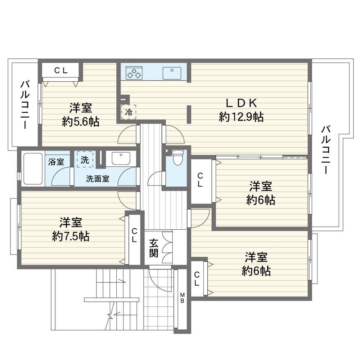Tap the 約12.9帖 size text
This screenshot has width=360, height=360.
point(241,117)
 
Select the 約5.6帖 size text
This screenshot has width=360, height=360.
point(81,122)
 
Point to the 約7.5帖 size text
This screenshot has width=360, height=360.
point(71,236)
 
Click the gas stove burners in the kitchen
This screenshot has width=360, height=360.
point(134,73)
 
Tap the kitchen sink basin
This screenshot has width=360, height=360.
point(172,73)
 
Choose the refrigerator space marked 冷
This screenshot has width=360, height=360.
point(129,112)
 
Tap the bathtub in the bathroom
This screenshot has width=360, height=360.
point(33,169)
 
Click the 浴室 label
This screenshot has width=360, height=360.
point(56,162)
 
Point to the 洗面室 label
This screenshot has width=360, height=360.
point(98,179)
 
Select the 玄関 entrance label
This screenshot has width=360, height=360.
point(154,248)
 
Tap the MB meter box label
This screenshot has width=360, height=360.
point(182,298)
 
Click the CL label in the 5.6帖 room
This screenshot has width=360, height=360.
point(61,71)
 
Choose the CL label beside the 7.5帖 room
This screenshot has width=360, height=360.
point(134,235)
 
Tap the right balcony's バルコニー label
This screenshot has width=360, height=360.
point(326,149)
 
